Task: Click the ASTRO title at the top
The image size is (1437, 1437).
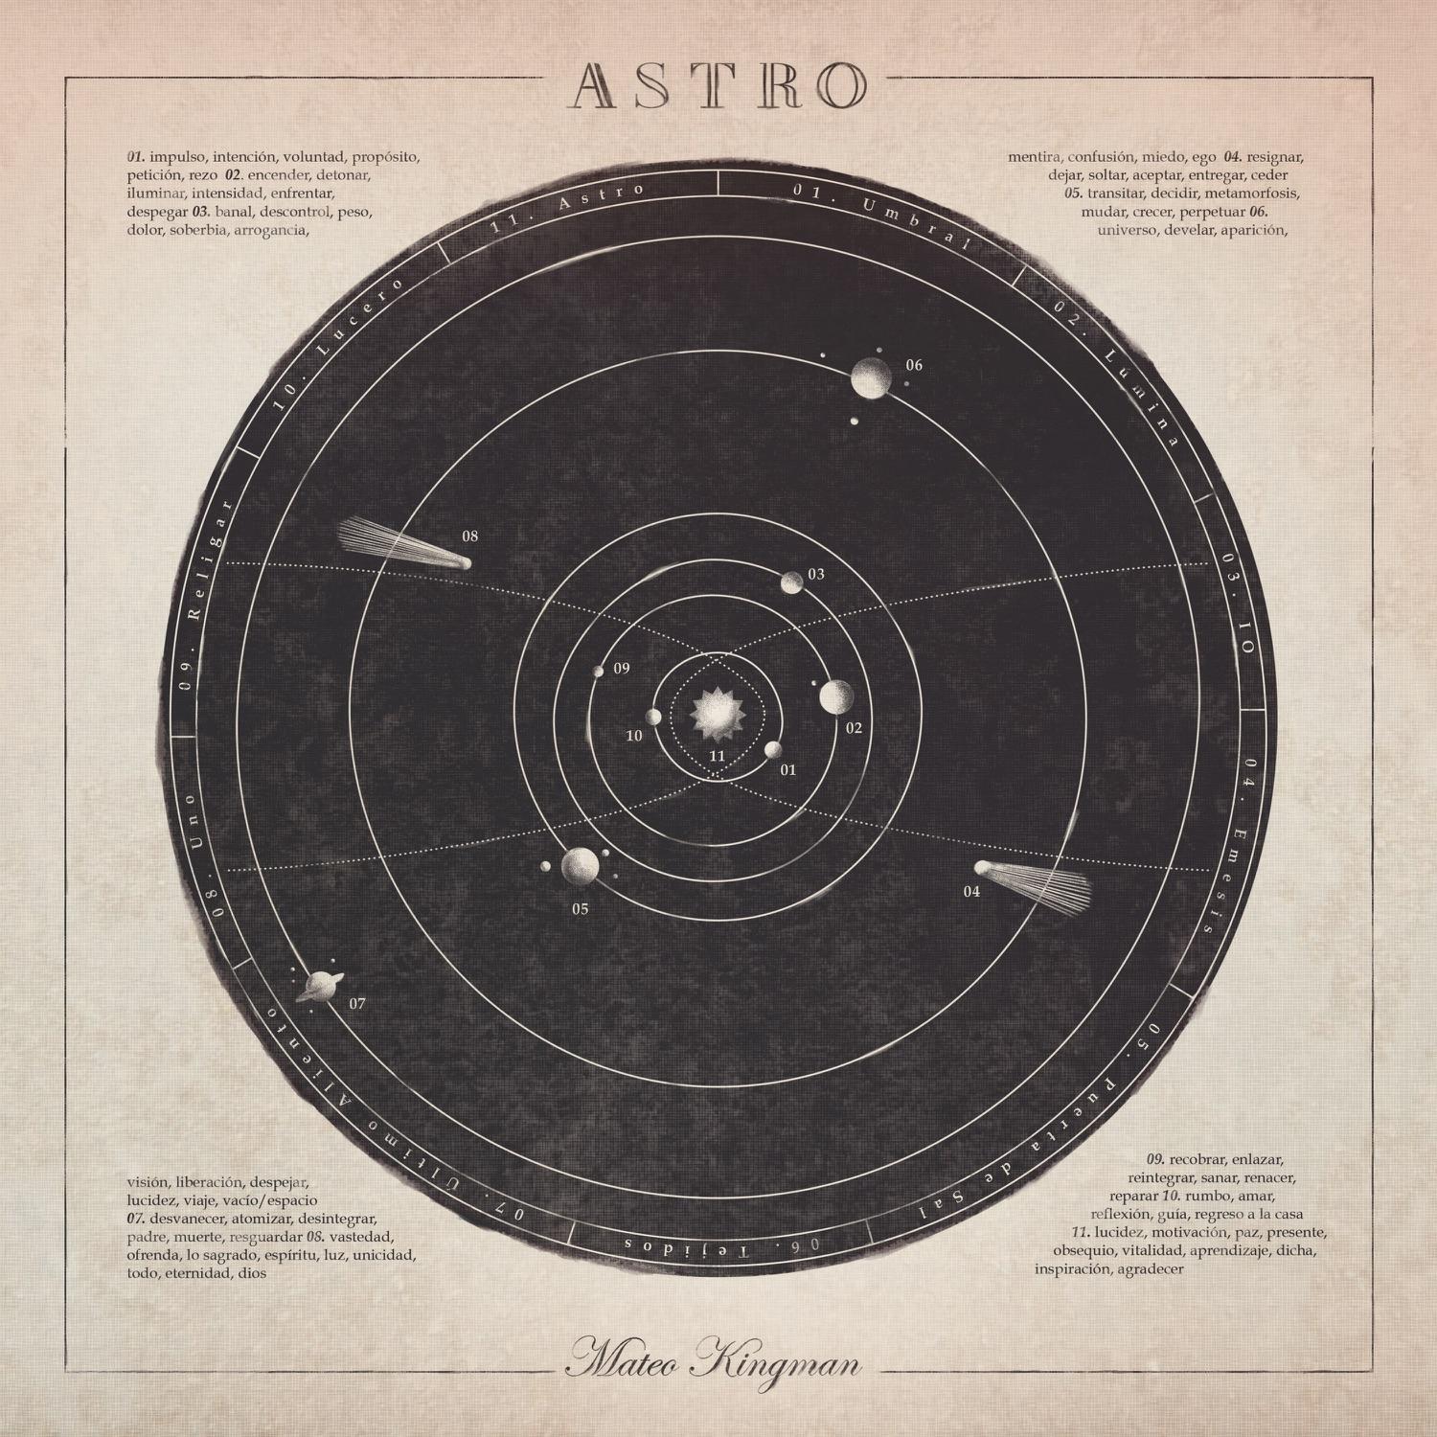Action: click(x=718, y=85)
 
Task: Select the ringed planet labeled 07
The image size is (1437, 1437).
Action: click(x=315, y=986)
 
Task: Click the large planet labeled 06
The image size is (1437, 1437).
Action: click(x=872, y=377)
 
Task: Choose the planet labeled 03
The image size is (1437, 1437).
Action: click(x=791, y=582)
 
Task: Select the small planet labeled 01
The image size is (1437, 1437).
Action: click(x=773, y=749)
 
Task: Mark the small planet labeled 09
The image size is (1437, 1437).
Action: click(x=599, y=672)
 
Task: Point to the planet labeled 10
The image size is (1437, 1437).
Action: click(x=654, y=717)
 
